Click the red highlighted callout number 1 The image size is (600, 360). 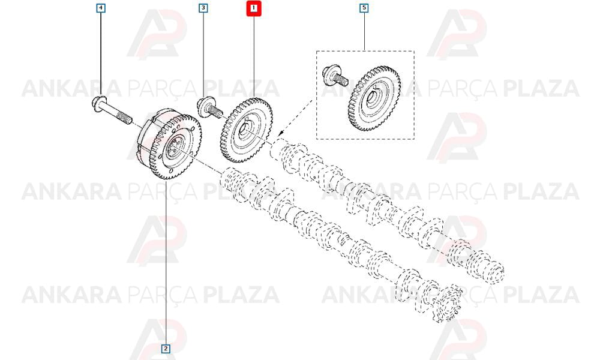coord(253,8)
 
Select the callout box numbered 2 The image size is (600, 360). coord(166,349)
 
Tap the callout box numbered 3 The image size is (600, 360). coord(203,8)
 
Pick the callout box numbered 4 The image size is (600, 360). coord(101,8)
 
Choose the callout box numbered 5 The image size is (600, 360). coord(364,8)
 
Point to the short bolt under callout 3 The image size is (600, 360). coord(209,108)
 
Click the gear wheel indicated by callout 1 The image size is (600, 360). coord(247,130)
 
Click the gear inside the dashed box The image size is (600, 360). coord(374,99)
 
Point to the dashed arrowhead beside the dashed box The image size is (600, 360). coord(281,133)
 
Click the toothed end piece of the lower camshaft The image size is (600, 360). coord(448,304)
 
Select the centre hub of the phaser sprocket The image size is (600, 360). coord(176,148)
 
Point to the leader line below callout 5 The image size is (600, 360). coord(364,31)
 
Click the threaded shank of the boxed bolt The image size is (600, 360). coord(341,80)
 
